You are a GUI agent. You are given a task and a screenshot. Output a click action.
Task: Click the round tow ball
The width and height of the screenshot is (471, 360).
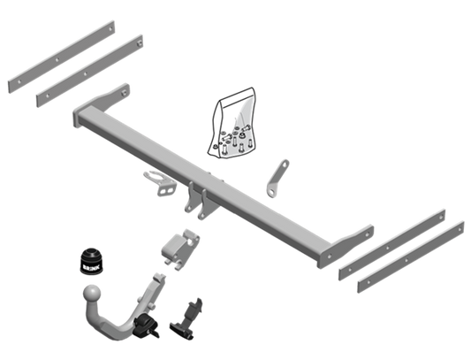(x=92, y=294)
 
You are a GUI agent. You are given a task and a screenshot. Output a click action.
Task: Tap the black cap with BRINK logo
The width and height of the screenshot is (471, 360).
(x=91, y=261)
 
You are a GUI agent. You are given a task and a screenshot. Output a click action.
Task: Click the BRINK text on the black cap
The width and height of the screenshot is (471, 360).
(x=91, y=267)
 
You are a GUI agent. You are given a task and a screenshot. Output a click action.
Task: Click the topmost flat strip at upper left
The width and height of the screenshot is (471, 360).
(x=62, y=57)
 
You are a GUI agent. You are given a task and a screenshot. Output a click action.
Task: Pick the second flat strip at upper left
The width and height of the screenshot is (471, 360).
(x=90, y=71)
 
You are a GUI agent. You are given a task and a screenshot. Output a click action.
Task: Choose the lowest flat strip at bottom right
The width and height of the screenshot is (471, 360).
(x=411, y=257)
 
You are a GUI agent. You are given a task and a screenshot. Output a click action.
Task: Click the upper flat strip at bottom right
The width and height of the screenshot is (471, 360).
(x=392, y=245)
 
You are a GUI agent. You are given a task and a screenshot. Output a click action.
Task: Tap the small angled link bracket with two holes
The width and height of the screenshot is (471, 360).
(x=277, y=179)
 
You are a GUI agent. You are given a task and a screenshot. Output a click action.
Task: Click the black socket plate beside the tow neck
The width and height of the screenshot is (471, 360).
(x=186, y=320)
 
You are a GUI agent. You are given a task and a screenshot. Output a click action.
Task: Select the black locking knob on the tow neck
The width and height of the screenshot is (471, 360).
(x=146, y=326)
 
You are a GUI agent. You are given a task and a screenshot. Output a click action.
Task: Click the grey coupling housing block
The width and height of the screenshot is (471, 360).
(x=180, y=249)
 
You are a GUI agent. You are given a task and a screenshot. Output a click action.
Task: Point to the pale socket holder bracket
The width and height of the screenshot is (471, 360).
(x=160, y=183)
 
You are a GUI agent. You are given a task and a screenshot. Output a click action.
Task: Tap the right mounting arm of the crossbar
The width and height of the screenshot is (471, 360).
(x=346, y=247)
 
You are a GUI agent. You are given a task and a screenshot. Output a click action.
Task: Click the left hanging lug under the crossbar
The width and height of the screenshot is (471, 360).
(x=190, y=197)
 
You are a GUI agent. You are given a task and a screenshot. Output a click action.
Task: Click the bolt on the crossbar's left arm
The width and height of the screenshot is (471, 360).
(x=124, y=93)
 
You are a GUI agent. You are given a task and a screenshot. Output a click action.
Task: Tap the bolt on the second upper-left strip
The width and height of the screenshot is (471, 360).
(x=139, y=44)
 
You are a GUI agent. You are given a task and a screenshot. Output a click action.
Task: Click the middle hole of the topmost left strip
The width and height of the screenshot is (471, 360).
(x=57, y=60)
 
